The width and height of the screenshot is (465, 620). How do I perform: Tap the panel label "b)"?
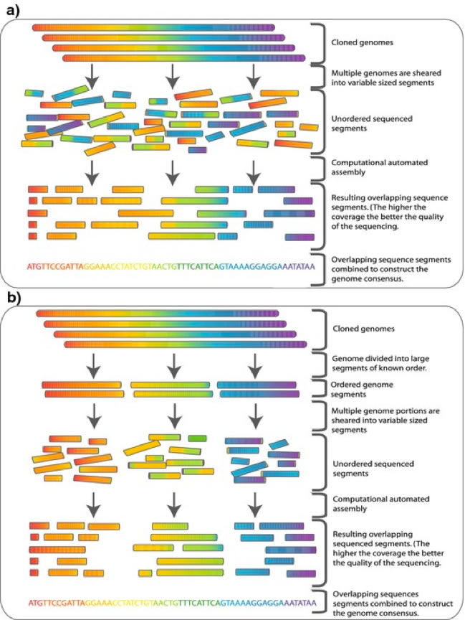(13, 297)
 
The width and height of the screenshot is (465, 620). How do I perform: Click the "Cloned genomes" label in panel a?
(362, 42)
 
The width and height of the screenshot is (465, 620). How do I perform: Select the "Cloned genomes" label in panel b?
(363, 329)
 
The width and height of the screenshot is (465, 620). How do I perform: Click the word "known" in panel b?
(383, 368)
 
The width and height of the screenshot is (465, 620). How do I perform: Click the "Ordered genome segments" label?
(362, 390)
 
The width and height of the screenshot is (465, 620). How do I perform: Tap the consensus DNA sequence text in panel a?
(171, 267)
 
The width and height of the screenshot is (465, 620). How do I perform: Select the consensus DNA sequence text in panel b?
(172, 603)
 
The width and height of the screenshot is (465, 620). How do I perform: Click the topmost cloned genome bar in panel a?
(153, 28)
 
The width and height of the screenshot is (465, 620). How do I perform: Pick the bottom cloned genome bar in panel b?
(185, 344)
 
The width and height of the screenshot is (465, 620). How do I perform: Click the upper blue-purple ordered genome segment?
(257, 385)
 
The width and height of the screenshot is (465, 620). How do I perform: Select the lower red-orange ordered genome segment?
(84, 394)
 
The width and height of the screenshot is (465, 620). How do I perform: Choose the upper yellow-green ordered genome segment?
(170, 385)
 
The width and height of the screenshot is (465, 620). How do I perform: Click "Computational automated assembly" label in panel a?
(379, 167)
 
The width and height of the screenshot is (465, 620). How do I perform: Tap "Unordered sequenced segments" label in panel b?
(373, 469)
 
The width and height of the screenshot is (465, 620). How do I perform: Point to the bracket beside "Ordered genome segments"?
(325, 389)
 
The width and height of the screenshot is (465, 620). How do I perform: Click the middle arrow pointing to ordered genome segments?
(174, 366)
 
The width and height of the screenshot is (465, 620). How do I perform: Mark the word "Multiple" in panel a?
(345, 73)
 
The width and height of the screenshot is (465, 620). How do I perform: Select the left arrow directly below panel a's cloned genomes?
(92, 76)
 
